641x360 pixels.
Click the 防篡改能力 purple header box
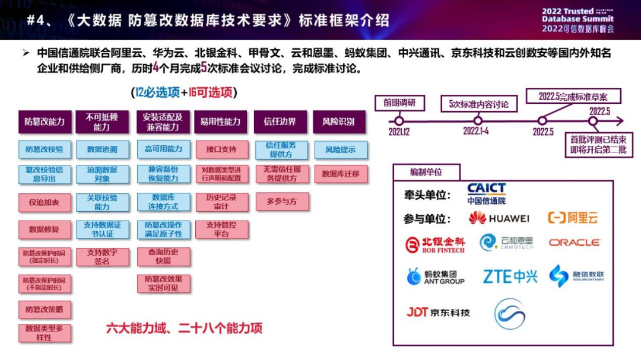point(45,122)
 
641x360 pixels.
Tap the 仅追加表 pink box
point(45,202)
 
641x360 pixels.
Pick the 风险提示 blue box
point(340,150)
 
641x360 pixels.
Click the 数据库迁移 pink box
point(340,174)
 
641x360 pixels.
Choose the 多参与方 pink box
point(281,202)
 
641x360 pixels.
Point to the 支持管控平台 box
point(222,229)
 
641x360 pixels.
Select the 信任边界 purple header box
point(280,122)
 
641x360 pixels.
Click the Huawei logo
point(499,218)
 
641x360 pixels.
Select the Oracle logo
point(574,243)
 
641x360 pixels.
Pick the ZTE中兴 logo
point(510,276)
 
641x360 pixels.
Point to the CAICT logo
point(486,193)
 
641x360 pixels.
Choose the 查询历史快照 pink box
point(163,256)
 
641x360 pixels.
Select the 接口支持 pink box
point(222,149)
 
